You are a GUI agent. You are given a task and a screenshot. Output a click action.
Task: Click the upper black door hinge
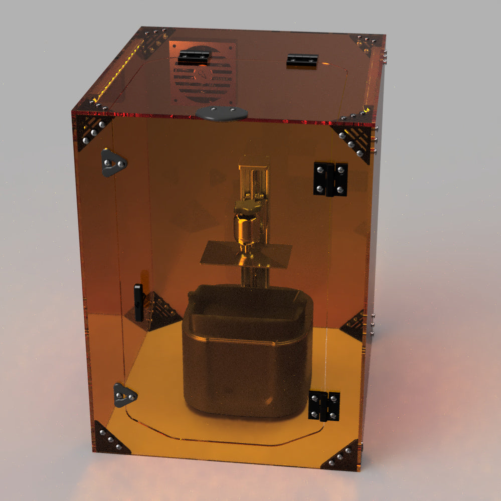pos(330,179)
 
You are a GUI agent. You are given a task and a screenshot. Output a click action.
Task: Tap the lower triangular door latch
pos(123,395)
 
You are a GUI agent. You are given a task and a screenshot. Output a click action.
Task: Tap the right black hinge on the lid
pos(302,61)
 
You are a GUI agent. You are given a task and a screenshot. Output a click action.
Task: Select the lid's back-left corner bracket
pos(152,40)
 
